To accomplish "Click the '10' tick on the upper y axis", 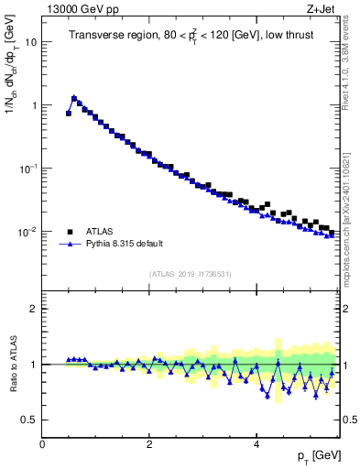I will click(x=30, y=42).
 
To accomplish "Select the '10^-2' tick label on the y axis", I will click(x=27, y=232).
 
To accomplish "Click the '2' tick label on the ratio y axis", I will click(x=33, y=309).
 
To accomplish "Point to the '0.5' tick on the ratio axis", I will click(x=29, y=420).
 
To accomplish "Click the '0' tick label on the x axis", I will click(x=42, y=443).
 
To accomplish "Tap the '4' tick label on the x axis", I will click(x=256, y=443).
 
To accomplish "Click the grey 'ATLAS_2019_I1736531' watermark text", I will click(x=191, y=274).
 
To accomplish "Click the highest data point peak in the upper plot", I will click(x=74, y=97).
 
